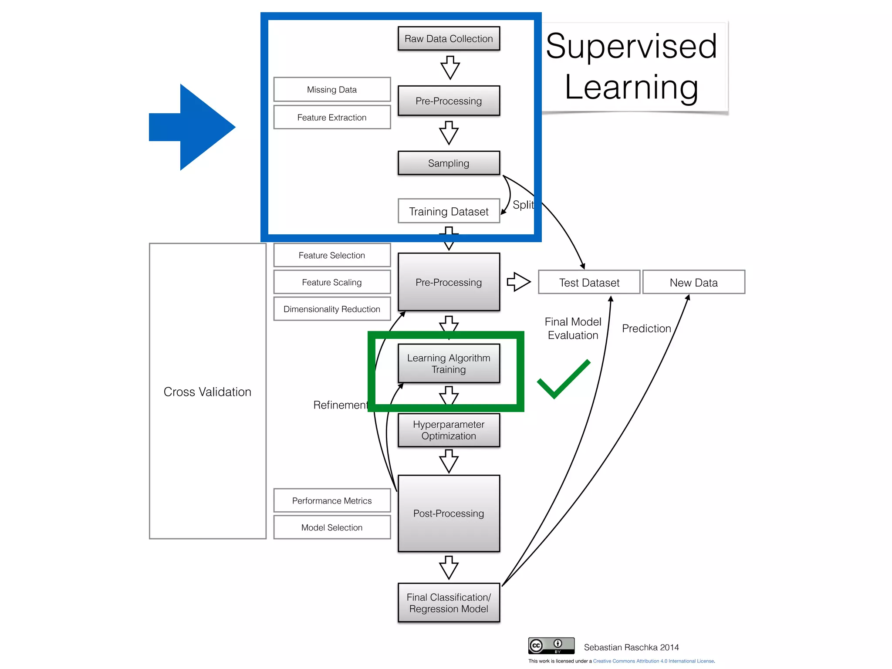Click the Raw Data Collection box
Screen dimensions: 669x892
point(449,39)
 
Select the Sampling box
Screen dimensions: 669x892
point(449,163)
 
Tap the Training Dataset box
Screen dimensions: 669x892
point(449,211)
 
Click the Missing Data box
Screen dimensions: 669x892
point(332,90)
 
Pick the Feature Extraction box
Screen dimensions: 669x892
point(332,118)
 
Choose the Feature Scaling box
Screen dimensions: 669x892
point(332,282)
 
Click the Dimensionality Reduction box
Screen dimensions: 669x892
point(332,309)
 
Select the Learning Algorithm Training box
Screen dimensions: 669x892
point(449,364)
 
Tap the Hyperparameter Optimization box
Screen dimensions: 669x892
point(449,430)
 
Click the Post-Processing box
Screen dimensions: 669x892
point(449,514)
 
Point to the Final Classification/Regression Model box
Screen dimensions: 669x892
point(449,603)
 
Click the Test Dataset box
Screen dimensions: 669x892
point(589,283)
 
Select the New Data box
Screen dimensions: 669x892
point(693,283)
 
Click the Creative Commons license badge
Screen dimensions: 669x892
point(551,645)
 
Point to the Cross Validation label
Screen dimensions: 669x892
point(207,392)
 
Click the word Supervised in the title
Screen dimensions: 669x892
point(631,46)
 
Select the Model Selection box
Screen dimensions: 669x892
point(332,527)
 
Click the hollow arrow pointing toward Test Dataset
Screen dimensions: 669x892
point(518,282)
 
